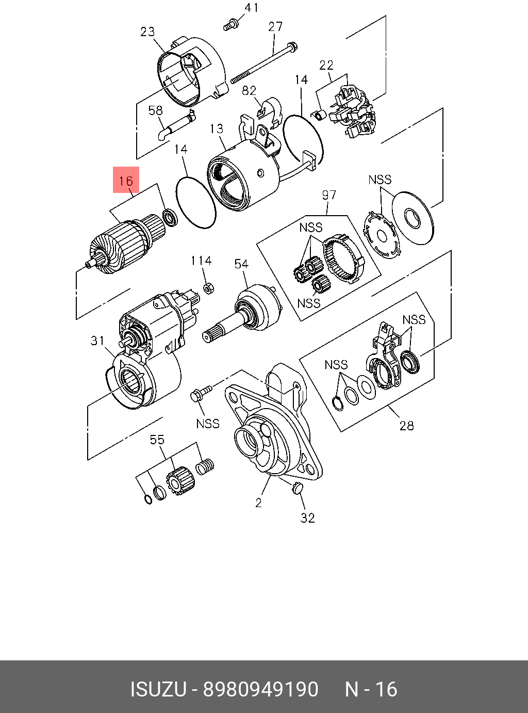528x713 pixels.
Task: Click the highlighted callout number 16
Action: (x=126, y=181)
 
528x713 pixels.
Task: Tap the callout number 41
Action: (x=251, y=8)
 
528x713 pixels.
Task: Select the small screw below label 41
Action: (x=230, y=24)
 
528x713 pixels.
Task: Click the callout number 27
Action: (x=275, y=26)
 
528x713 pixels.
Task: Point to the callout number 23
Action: (x=147, y=31)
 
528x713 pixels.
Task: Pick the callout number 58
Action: (x=155, y=110)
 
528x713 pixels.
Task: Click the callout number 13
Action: (x=217, y=128)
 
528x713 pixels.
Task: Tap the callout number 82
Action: (x=249, y=91)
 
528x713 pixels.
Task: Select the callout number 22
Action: (x=326, y=65)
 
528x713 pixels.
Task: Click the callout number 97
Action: (x=329, y=195)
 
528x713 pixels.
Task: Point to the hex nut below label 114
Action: (x=209, y=287)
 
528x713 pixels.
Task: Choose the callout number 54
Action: (x=241, y=264)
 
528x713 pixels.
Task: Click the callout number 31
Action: (x=97, y=341)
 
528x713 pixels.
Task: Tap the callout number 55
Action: (x=157, y=440)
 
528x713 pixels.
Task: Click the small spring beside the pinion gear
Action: (x=205, y=466)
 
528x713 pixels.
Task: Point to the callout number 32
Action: (x=308, y=517)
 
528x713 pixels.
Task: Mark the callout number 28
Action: (x=407, y=426)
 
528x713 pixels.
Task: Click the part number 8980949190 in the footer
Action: (x=261, y=689)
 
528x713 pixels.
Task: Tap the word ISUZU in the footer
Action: (x=158, y=689)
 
